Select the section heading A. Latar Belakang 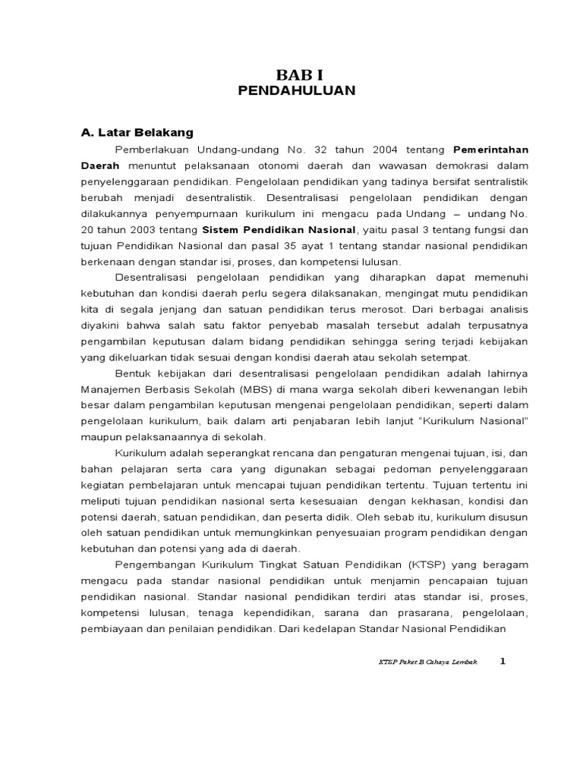click(x=137, y=132)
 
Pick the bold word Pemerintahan click(x=490, y=149)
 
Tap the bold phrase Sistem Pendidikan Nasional click(x=279, y=228)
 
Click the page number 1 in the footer click(x=502, y=661)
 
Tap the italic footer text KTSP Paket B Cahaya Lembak click(x=428, y=662)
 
